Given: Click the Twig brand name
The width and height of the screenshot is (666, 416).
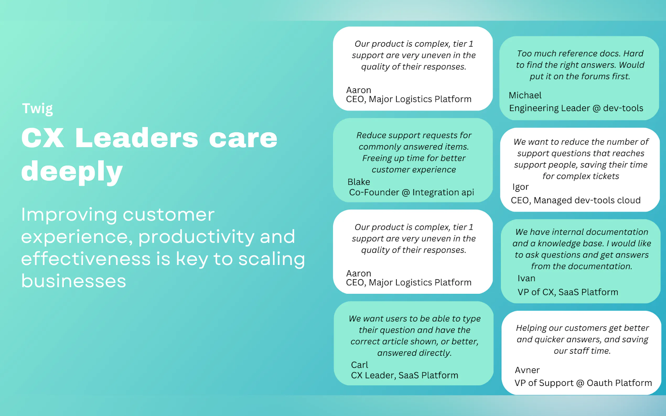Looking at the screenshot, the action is tap(37, 109).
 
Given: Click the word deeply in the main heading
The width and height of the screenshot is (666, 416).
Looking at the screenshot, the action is tap(72, 171).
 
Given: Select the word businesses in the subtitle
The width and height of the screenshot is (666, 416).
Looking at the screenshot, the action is tap(73, 281).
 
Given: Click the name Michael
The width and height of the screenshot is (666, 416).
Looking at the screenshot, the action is tap(525, 95).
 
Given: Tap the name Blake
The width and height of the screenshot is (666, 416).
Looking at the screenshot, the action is tap(358, 182).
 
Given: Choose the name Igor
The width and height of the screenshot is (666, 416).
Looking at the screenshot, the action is tap(520, 187).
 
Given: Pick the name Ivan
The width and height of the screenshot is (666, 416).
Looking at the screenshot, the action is tap(526, 278).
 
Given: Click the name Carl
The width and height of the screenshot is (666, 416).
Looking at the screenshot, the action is tap(359, 365).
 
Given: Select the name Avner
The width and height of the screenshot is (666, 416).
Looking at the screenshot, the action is tap(527, 370).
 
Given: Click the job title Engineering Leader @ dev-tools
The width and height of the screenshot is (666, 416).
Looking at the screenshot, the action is tap(576, 108).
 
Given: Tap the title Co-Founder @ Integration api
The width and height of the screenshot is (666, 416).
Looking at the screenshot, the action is tap(411, 192).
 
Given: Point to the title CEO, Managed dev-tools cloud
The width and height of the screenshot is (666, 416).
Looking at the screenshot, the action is tap(576, 200).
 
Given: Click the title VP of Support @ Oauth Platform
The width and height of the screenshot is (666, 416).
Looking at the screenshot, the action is tap(583, 383).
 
